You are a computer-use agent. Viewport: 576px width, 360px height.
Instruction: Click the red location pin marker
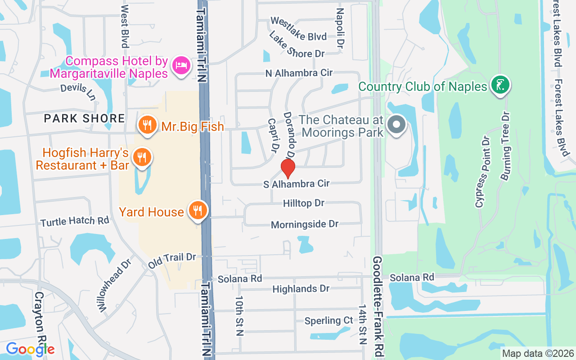click(x=288, y=169)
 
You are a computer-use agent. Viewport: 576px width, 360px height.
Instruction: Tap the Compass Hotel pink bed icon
click(x=181, y=65)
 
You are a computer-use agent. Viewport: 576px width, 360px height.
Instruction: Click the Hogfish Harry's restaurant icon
click(x=142, y=157)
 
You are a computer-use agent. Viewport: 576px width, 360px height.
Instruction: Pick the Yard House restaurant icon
click(x=197, y=210)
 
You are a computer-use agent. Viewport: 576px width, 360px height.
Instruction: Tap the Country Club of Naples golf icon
click(x=499, y=85)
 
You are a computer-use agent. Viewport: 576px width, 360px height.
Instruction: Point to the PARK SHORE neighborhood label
click(x=84, y=118)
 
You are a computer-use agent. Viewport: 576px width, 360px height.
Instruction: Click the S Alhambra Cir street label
click(x=297, y=184)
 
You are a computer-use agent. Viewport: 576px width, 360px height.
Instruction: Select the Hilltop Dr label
click(x=304, y=203)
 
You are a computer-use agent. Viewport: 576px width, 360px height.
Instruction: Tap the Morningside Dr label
click(x=305, y=224)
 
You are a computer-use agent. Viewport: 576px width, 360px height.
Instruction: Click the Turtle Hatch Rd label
click(x=75, y=221)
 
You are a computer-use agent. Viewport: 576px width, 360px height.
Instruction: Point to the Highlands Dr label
click(x=301, y=288)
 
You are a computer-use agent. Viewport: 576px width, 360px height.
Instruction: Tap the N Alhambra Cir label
click(x=299, y=73)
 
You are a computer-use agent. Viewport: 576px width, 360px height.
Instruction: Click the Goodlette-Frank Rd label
click(x=377, y=306)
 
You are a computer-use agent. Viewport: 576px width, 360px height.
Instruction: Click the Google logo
click(x=30, y=349)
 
